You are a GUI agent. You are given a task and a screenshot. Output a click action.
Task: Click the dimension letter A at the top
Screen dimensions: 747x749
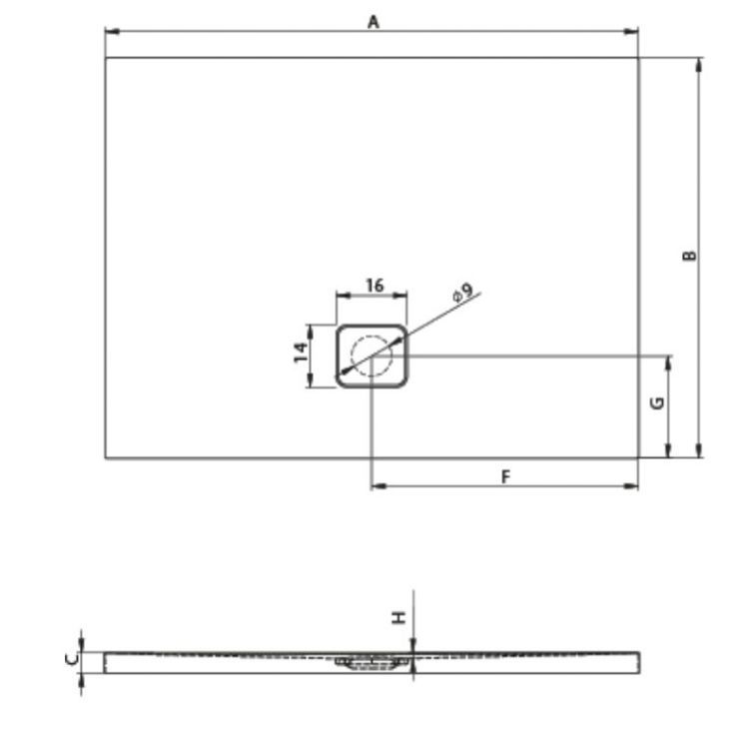pos(373,21)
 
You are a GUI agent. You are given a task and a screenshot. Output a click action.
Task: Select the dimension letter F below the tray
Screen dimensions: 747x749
pos(505,476)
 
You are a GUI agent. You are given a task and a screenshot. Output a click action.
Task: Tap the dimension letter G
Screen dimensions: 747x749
pos(656,402)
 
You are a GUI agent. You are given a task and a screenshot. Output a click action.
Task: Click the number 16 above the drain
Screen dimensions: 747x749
pos(374,286)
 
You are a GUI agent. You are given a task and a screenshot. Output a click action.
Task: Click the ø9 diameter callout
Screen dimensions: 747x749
pos(461,294)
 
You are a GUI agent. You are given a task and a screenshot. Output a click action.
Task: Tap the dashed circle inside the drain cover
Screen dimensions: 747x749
pos(372,356)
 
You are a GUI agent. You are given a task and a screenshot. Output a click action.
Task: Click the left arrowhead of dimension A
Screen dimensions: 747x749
pos(110,32)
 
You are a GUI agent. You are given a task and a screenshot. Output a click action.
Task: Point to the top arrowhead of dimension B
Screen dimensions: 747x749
pos(699,62)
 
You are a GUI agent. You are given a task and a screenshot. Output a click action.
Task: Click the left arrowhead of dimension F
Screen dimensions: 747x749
pos(376,486)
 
